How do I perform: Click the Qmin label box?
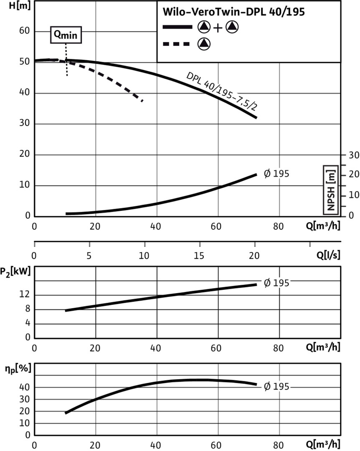66,35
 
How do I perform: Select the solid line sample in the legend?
177,27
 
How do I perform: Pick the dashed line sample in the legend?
177,43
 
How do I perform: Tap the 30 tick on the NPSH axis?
354,155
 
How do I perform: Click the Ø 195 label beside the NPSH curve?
276,173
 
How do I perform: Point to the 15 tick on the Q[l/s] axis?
199,255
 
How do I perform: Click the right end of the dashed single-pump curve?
143,101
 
